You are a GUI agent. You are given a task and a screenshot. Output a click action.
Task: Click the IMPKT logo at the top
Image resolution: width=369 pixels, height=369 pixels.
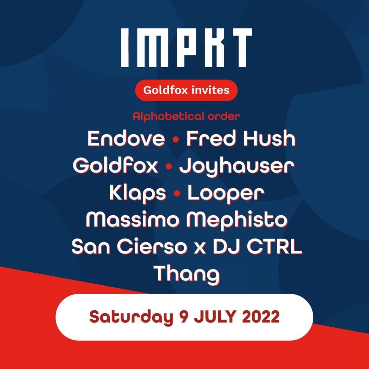click(x=187, y=47)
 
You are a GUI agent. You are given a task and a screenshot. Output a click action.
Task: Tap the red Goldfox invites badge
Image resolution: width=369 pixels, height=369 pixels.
click(x=187, y=90)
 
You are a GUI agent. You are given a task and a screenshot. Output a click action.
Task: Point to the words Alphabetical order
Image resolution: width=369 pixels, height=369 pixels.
click(x=187, y=116)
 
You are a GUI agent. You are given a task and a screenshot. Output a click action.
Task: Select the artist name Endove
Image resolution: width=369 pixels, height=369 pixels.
click(x=126, y=138)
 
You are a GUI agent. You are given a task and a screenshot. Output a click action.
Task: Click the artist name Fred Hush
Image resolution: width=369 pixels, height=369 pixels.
click(x=241, y=138)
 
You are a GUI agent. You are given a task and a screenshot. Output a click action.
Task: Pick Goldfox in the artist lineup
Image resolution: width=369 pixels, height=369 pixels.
click(x=115, y=165)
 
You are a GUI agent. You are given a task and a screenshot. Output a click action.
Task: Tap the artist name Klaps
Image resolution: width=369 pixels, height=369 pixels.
click(x=138, y=193)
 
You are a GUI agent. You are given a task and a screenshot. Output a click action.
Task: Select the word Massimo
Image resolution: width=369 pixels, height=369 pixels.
click(x=132, y=220)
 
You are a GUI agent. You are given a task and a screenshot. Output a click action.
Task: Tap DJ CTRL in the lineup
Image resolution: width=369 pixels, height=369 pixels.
click(x=258, y=247)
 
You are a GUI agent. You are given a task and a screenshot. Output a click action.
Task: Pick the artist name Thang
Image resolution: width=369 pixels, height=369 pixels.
click(x=187, y=275)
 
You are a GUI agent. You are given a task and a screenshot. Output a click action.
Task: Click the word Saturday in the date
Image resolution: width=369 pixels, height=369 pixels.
click(x=131, y=317)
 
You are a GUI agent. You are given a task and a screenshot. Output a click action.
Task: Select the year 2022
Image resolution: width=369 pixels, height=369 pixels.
click(x=261, y=317)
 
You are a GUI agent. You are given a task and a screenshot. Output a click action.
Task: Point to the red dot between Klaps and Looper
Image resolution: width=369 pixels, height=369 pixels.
click(x=177, y=194)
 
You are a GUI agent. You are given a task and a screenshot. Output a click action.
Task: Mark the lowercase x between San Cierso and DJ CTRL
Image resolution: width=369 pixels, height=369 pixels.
click(x=200, y=249)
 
